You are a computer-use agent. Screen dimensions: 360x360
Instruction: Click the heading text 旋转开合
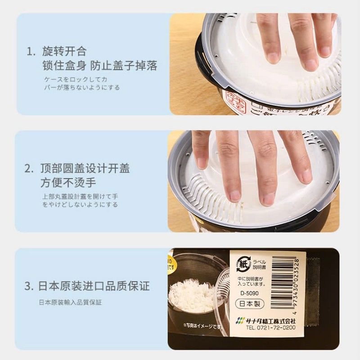pos(64,51)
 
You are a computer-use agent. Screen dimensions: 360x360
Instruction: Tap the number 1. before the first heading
pos(31,51)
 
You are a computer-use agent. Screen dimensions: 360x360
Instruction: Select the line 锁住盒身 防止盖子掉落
pos(99,66)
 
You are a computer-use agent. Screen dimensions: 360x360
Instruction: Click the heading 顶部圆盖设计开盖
pos(85,168)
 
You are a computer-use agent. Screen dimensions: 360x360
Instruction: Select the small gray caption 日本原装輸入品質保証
pos(70,302)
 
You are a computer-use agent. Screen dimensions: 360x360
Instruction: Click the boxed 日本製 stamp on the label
pos(249,304)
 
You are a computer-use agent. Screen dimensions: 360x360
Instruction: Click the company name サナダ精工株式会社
pos(271,321)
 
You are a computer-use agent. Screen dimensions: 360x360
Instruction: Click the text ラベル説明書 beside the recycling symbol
pos(260,264)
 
